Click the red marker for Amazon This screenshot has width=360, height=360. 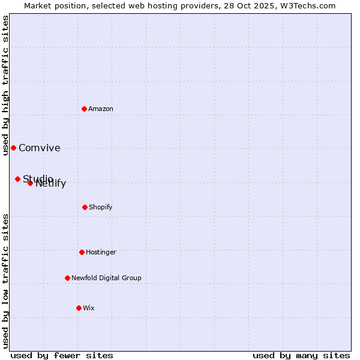click(x=85, y=109)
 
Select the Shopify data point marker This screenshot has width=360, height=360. click(x=85, y=207)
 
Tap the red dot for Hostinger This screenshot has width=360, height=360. click(x=82, y=252)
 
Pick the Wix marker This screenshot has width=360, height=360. click(x=79, y=308)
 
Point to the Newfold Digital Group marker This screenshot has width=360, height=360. click(x=67, y=278)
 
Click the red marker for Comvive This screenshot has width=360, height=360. click(x=13, y=148)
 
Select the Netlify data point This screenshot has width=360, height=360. click(x=30, y=183)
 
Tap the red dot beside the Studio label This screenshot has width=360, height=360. click(x=17, y=179)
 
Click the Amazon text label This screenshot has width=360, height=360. click(x=101, y=109)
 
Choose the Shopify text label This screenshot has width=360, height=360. click(x=101, y=207)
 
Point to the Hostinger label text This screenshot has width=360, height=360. click(x=101, y=252)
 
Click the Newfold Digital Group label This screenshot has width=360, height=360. click(x=106, y=278)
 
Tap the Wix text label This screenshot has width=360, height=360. click(x=89, y=308)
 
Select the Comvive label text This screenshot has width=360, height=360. click(x=40, y=148)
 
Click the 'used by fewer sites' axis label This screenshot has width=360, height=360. click(x=62, y=355)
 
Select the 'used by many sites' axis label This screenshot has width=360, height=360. click(x=301, y=355)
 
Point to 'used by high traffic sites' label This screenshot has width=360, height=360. click(x=6, y=85)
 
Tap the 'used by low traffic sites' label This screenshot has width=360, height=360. click(x=6, y=281)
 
